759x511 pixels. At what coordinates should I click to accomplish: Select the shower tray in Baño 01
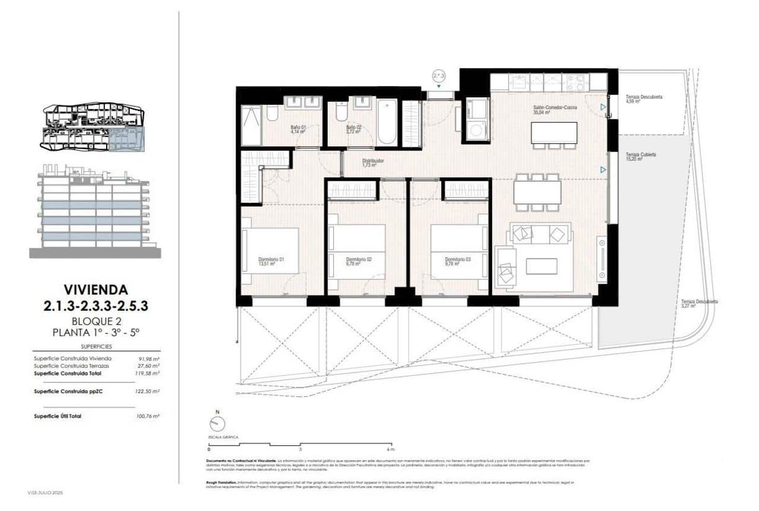(x=251, y=126)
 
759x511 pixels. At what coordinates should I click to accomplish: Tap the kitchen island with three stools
(x=554, y=132)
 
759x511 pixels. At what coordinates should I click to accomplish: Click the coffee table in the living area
(x=541, y=266)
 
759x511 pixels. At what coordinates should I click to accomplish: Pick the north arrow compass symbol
(x=218, y=423)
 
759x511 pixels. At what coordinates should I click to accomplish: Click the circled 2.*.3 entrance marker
(x=438, y=76)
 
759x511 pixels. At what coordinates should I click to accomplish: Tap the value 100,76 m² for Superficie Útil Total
(x=148, y=416)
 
